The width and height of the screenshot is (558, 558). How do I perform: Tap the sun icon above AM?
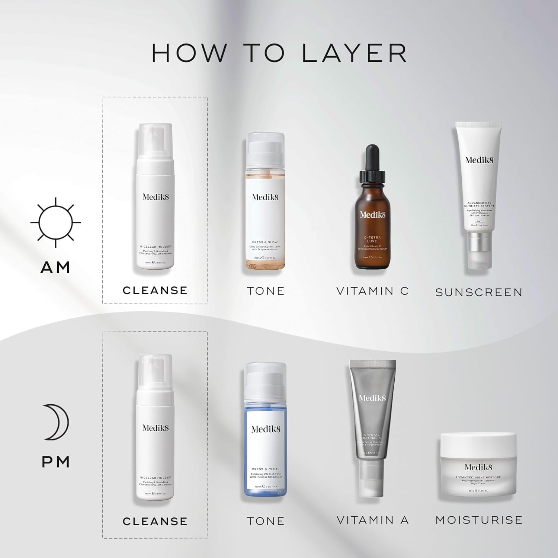[x=55, y=222]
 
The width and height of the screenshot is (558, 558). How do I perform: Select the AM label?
[x=55, y=267]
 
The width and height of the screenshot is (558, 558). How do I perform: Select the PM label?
[x=56, y=462]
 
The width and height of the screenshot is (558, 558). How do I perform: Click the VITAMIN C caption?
[x=372, y=291]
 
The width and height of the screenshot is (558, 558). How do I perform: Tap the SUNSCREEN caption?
[x=479, y=292]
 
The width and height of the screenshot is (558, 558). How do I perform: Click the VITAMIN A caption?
[x=372, y=520]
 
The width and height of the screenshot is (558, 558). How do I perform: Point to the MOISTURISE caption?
[x=479, y=520]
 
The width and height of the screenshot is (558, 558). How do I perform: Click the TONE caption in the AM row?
[x=266, y=291]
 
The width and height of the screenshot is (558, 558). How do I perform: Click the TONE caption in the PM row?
[x=266, y=521]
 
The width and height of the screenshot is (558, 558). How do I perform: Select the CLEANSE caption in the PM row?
[x=155, y=521]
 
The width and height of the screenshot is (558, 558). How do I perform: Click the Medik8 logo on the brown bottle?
[x=372, y=215]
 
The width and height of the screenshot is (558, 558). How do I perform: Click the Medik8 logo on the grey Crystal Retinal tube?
[x=372, y=398]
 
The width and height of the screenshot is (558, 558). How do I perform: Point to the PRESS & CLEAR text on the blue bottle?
[x=266, y=469]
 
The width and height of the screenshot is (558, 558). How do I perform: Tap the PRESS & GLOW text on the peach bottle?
[x=265, y=242]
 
